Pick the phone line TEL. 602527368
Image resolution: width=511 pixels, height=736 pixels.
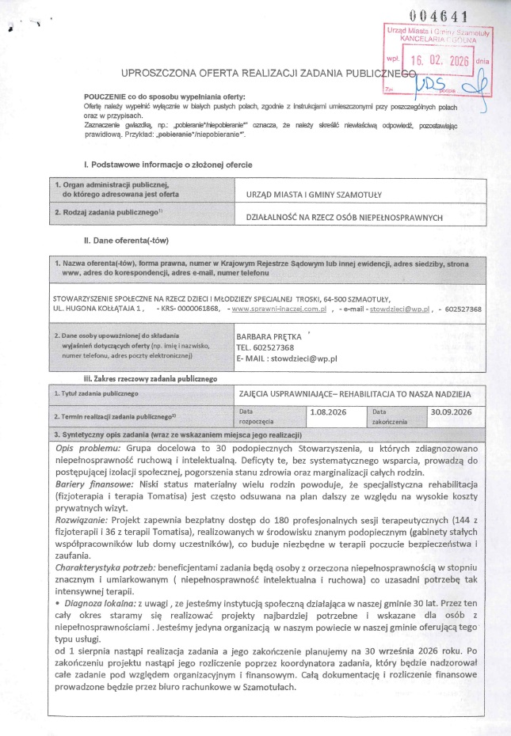[265, 347]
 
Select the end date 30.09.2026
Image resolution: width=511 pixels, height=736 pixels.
[452, 412]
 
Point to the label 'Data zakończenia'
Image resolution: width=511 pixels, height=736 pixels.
[391, 416]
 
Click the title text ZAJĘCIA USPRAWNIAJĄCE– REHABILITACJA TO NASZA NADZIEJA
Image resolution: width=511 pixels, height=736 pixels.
[355, 393]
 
